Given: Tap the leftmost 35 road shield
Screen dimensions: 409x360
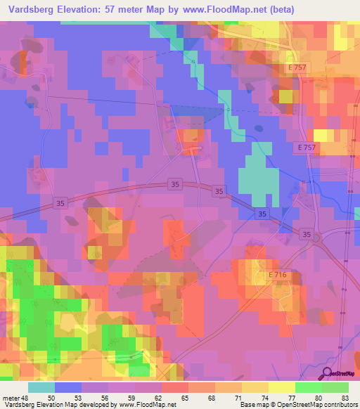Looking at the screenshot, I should [60, 202].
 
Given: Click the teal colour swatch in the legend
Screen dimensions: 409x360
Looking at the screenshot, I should [41, 388].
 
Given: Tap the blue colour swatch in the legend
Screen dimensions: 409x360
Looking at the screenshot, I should [68, 388].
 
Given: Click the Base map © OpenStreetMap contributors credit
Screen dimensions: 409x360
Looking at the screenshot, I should [298, 404].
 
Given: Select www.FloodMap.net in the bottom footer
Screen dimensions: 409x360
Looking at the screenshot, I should [148, 404].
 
